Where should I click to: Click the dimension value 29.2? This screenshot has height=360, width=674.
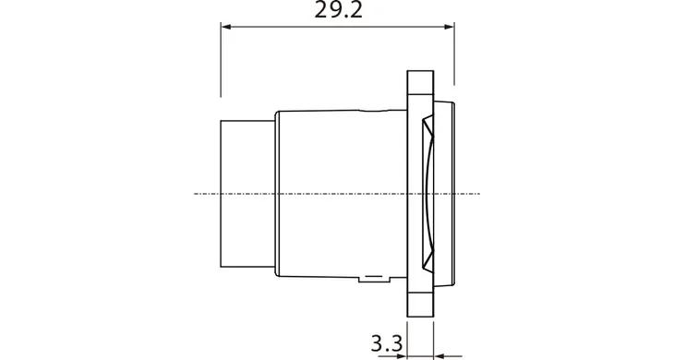point(338,10)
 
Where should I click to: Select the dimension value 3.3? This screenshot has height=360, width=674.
point(387,343)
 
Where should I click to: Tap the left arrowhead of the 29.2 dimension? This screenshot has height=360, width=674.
point(226,27)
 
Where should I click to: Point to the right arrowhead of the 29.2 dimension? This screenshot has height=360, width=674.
point(450,27)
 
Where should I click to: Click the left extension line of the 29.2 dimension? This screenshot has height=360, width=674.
point(221,60)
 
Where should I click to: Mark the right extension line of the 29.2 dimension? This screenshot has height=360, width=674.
point(454,54)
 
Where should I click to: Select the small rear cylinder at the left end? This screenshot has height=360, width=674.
point(247,194)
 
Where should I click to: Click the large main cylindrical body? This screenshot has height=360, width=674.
point(342,194)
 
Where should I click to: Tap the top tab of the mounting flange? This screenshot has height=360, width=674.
point(420,82)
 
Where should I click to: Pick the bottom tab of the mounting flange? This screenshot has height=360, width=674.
point(420,305)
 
